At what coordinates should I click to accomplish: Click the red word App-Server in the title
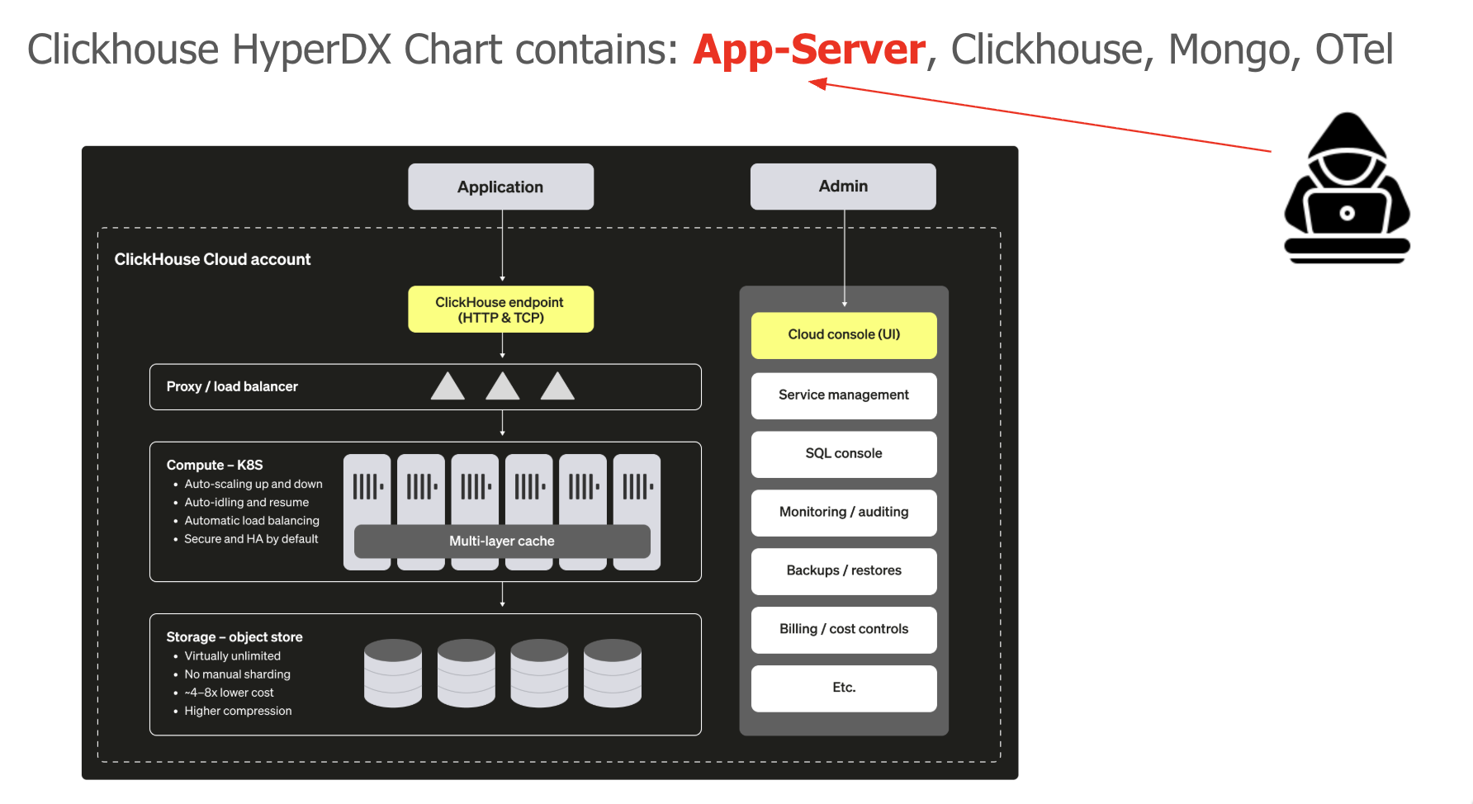point(809,50)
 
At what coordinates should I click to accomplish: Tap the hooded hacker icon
point(1347,189)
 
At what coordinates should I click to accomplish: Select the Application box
point(500,187)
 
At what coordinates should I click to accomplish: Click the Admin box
point(843,187)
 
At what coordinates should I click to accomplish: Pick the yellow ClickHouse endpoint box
point(500,310)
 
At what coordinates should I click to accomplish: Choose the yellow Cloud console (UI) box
point(844,334)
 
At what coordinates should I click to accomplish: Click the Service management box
point(844,395)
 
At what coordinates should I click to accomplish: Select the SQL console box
point(844,454)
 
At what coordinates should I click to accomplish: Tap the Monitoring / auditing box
point(844,513)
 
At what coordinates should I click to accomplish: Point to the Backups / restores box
point(844,571)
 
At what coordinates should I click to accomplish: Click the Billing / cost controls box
point(844,630)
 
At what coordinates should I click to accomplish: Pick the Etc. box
point(844,688)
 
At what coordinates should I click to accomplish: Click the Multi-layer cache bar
point(502,542)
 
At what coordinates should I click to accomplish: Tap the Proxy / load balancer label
point(232,386)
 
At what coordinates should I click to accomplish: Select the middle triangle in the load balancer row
point(502,386)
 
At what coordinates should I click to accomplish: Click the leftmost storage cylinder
point(393,673)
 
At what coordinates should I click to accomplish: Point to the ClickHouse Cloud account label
point(212,259)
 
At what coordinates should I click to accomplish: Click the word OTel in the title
point(1354,50)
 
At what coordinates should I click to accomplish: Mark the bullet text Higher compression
point(238,711)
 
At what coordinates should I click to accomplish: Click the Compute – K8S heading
point(215,465)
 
